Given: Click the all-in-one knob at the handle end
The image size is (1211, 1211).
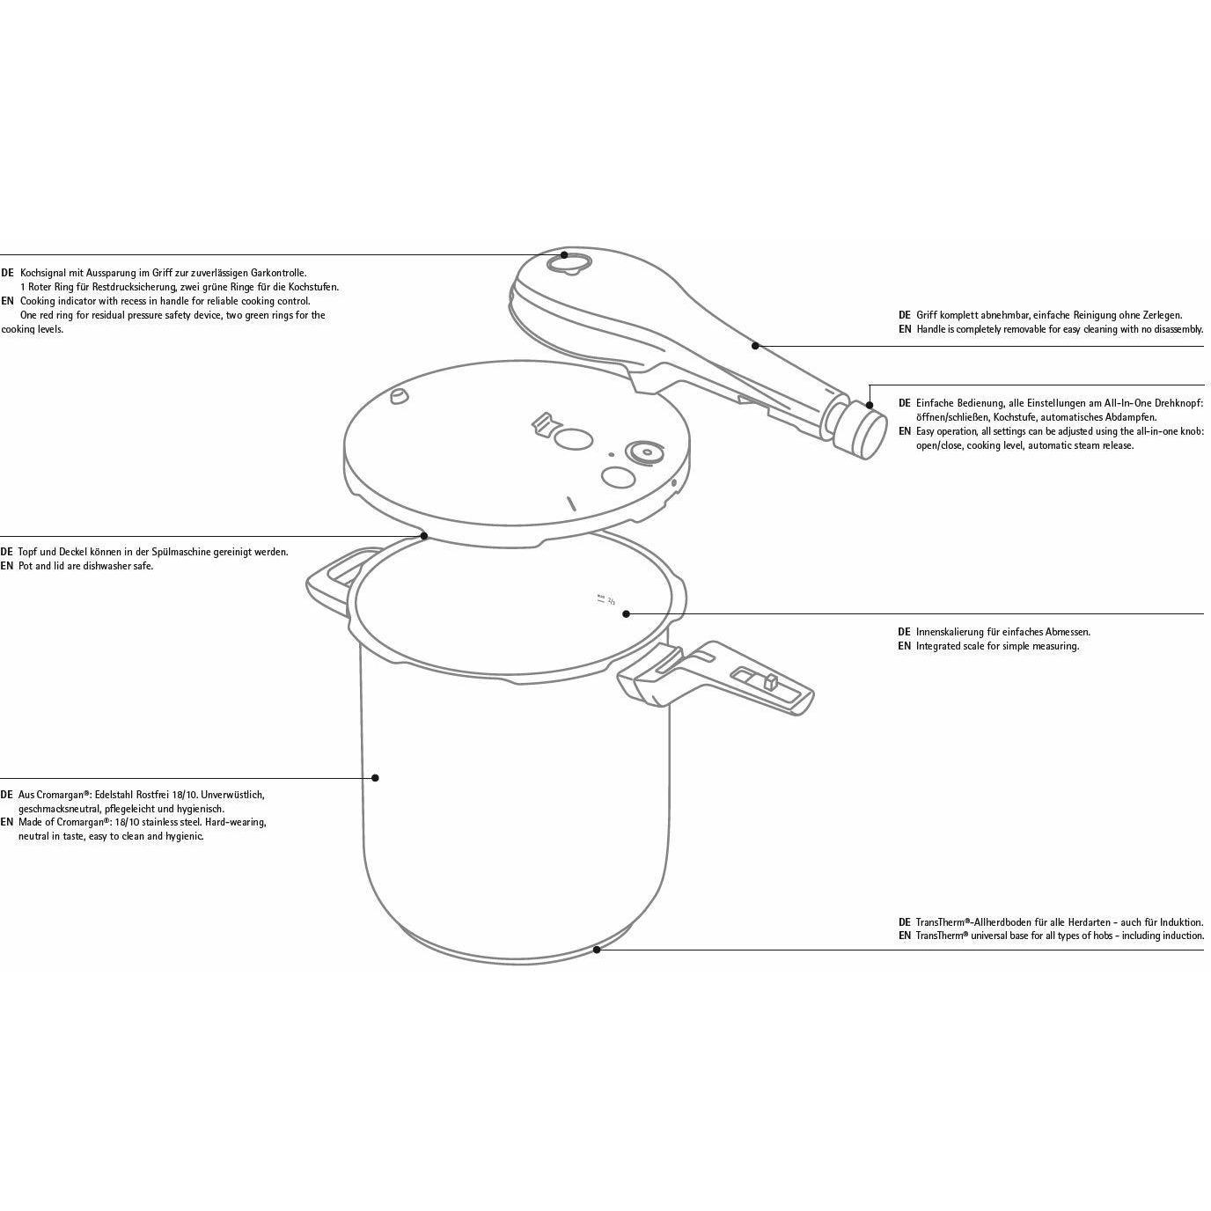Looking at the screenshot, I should pyautogui.click(x=859, y=430).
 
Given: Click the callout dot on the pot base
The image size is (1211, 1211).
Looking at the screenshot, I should pyautogui.click(x=597, y=949).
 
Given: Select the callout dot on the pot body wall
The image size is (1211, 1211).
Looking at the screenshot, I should pyautogui.click(x=375, y=778).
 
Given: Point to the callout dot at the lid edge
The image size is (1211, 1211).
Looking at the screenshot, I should pyautogui.click(x=423, y=535).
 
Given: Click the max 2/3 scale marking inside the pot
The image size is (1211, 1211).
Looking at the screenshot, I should pyautogui.click(x=606, y=600).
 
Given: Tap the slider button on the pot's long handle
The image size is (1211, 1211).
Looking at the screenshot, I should pyautogui.click(x=769, y=682).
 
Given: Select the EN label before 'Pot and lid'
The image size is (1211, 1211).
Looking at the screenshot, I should pyautogui.click(x=7, y=566).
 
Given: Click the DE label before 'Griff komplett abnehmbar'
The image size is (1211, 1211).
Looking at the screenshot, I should pyautogui.click(x=904, y=314).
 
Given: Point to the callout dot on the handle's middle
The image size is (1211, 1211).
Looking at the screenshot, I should pyautogui.click(x=755, y=346).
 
